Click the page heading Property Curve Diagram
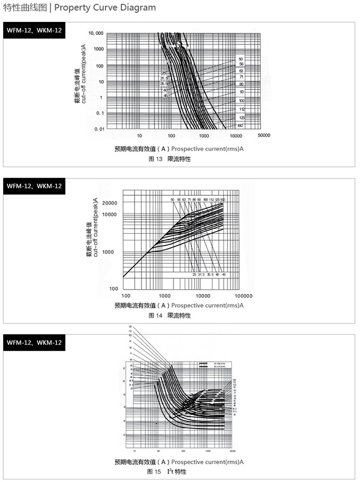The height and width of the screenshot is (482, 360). (105, 7)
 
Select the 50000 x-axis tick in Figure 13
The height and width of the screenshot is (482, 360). (263, 135)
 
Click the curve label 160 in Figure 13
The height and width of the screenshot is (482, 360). (240, 126)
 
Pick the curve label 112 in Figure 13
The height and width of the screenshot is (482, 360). (242, 109)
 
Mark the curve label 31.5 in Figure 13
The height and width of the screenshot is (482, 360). (164, 79)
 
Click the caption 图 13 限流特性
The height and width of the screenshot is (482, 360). (170, 159)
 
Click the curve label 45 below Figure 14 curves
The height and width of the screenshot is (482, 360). (224, 275)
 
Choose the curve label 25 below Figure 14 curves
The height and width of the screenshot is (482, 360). (194, 275)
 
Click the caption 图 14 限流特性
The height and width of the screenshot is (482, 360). (170, 315)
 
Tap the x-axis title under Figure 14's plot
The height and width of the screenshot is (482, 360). (179, 305)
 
